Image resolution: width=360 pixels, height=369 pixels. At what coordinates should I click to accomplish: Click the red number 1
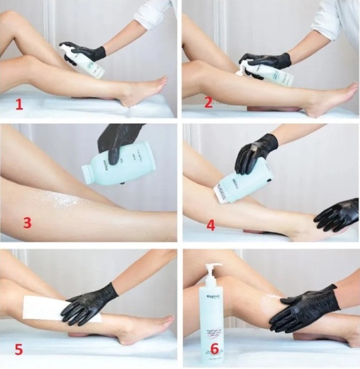pyautogui.click(x=19, y=103)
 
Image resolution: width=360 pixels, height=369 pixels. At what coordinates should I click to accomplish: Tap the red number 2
pyautogui.click(x=208, y=102)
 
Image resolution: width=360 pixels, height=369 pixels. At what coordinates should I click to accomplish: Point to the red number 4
pyautogui.click(x=211, y=225)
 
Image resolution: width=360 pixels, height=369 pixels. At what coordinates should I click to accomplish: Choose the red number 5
pyautogui.click(x=19, y=350)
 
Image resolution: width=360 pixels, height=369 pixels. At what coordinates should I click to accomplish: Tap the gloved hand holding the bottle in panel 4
pyautogui.click(x=255, y=154)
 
